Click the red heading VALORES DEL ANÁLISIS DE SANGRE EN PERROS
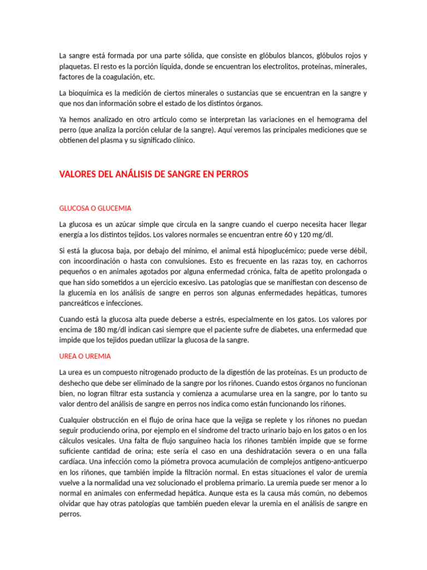pos(153,174)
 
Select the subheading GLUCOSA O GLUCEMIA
pos(95,208)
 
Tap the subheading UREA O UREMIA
pos(85,356)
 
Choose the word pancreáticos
pos(81,303)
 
